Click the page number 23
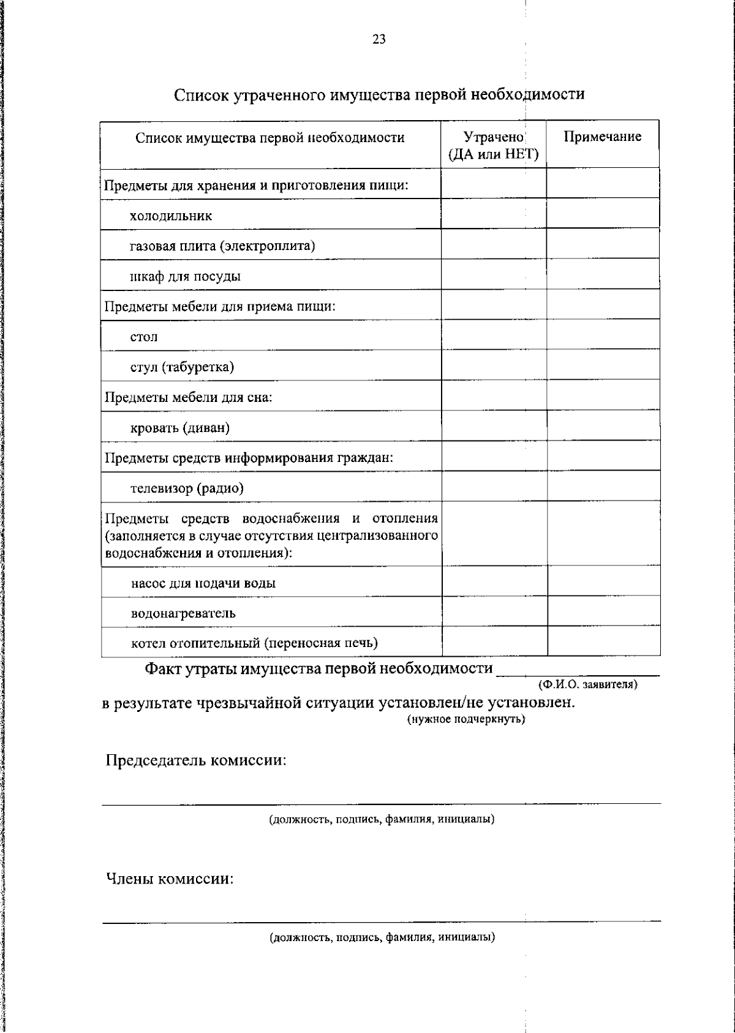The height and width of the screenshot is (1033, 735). [379, 40]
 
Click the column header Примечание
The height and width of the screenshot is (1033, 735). [602, 137]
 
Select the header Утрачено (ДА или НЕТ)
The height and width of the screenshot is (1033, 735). [494, 145]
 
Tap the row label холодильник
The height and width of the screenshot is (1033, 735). [171, 216]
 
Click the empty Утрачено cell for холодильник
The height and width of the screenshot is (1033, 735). [494, 214]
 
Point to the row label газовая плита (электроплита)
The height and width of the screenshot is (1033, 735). [222, 246]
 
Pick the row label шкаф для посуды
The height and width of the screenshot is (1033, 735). [185, 276]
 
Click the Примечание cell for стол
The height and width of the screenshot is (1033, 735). [603, 335]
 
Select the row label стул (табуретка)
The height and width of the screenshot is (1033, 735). [182, 367]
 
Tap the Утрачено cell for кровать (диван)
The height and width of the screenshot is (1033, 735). [494, 426]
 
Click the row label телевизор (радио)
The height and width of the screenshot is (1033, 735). [187, 488]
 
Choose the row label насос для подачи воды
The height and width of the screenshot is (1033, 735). [203, 583]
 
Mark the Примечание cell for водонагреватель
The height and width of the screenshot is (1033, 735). [603, 611]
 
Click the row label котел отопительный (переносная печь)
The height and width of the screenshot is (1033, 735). [254, 643]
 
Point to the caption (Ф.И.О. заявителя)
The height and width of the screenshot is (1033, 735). [587, 684]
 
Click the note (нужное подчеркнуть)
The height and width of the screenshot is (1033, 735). [466, 719]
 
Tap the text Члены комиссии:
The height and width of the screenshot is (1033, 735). [170, 879]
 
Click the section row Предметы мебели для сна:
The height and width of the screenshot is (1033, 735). [188, 397]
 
